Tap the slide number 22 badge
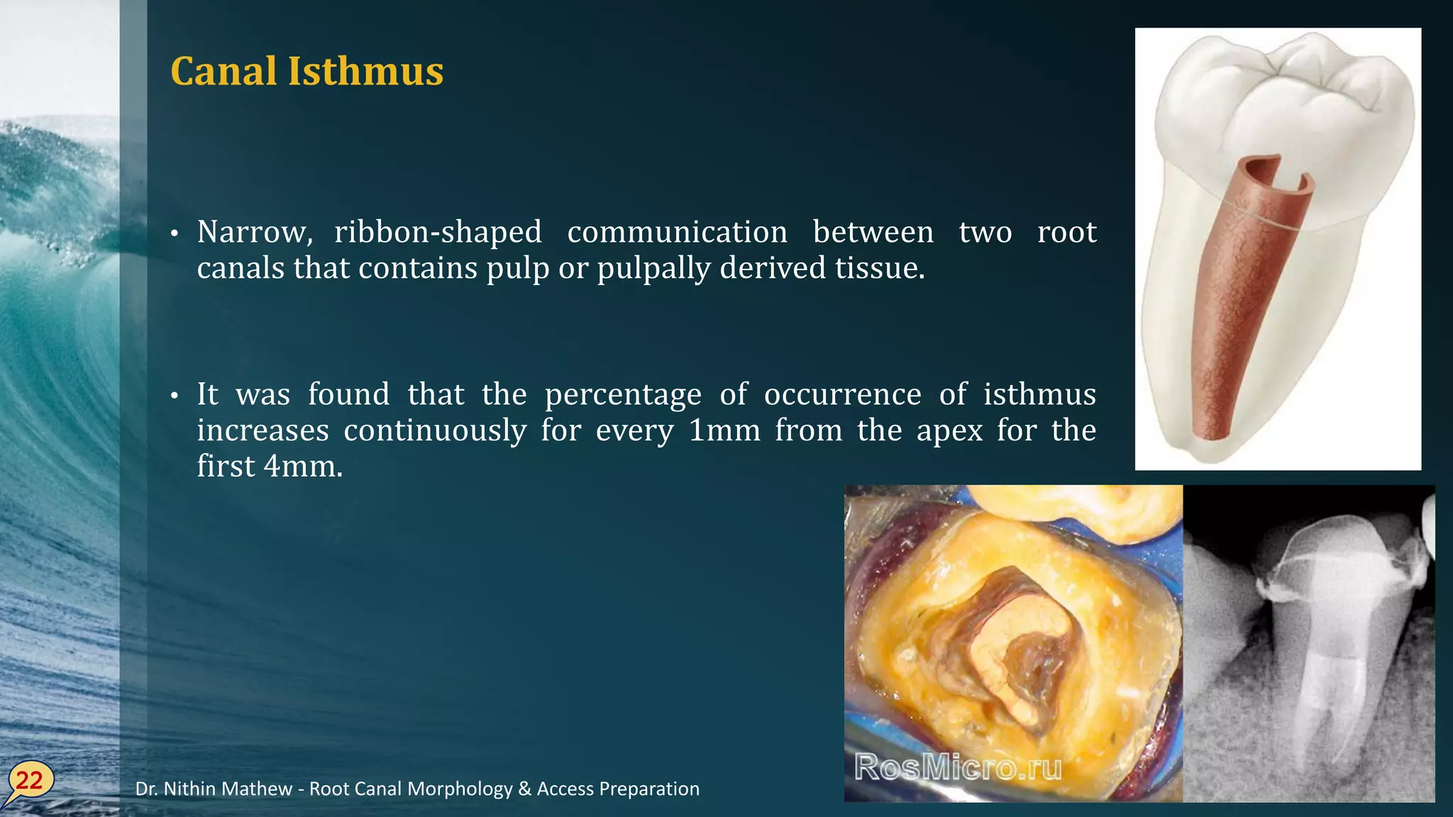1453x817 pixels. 29,781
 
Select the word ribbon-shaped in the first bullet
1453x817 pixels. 438,233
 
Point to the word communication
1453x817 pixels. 677,233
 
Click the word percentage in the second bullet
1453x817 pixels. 623,395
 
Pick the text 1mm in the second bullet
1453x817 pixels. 724,430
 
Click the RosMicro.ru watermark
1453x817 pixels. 958,767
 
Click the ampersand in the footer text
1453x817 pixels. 524,789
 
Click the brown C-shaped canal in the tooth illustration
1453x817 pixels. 1249,298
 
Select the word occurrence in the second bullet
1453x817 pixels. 842,395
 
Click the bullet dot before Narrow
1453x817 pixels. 175,234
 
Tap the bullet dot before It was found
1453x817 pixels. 175,396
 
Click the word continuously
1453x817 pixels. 435,431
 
